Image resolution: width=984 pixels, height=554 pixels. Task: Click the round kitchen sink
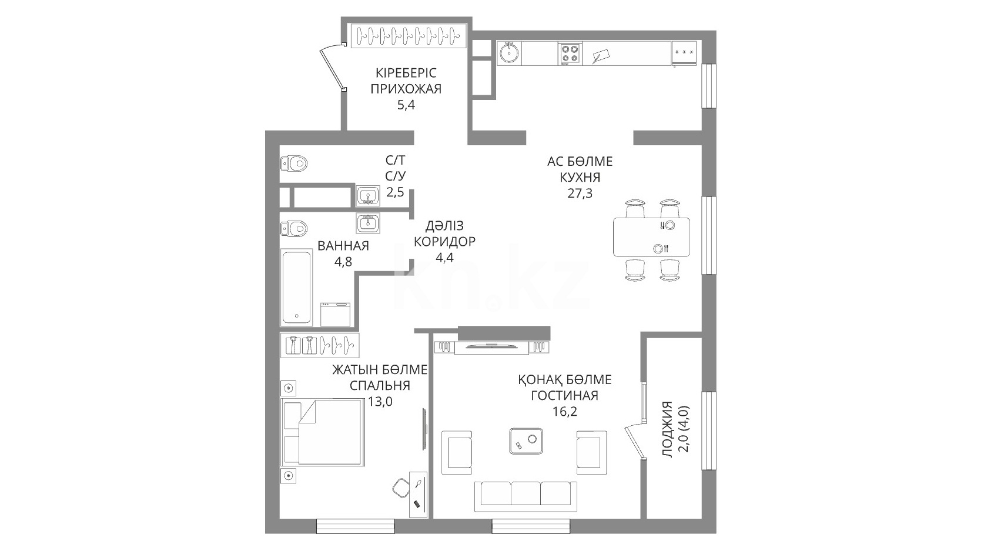509,53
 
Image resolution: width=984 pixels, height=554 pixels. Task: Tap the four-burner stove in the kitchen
570,54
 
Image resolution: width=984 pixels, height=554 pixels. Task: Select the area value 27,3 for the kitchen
580,193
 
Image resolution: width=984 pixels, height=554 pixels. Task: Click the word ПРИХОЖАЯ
406,89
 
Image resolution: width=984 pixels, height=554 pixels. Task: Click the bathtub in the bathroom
296,288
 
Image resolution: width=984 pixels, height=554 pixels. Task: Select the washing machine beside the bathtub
336,314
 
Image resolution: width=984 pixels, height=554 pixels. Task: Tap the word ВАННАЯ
343,246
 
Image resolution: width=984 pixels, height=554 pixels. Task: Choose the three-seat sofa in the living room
526,496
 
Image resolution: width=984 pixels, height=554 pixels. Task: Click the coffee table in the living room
526,441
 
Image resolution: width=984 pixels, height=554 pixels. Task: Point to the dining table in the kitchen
651,237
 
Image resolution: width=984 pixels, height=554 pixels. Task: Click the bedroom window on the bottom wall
356,526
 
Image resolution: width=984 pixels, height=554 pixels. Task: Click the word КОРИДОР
444,242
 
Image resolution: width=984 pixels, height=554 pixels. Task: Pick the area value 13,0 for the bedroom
380,402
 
